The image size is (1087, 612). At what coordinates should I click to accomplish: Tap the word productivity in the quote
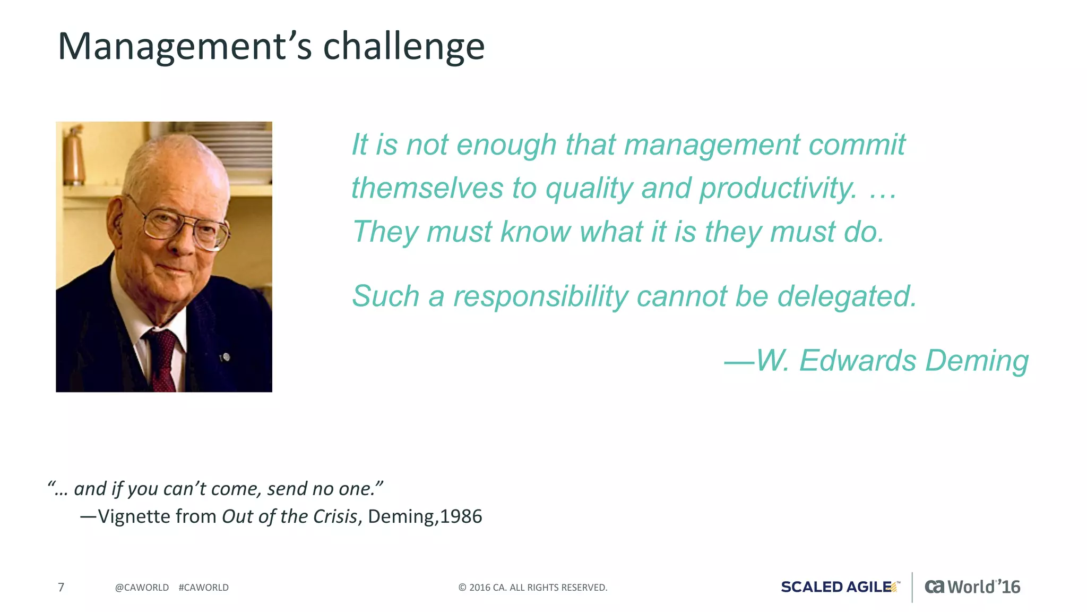(778, 189)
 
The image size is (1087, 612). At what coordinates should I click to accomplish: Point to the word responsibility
(540, 296)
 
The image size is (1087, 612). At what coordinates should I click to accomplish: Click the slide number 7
(61, 587)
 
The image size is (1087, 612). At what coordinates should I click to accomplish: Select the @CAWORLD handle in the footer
(142, 588)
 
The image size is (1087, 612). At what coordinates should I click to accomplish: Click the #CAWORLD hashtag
(204, 588)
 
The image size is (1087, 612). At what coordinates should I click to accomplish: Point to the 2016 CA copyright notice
(532, 588)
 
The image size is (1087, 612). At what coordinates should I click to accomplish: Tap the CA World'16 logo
(972, 586)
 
